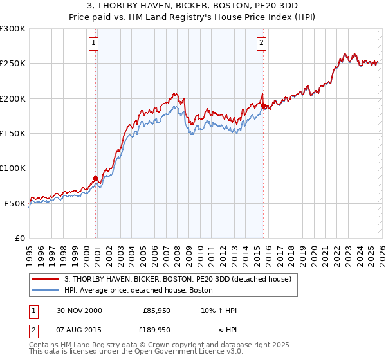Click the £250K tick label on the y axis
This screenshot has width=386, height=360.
[x=13, y=64]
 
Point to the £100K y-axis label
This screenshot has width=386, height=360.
[x=13, y=168]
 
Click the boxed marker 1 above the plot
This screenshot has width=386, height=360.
[x=94, y=43]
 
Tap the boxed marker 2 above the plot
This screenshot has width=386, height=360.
[x=262, y=43]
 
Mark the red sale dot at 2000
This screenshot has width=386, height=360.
[x=96, y=178]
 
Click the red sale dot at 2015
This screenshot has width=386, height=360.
[x=263, y=106]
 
